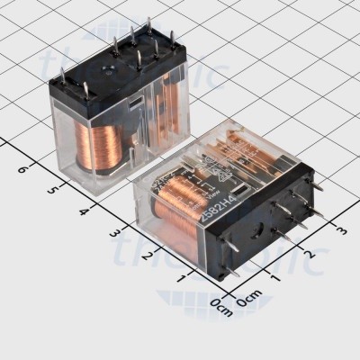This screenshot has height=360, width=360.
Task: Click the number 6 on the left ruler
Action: [22, 168]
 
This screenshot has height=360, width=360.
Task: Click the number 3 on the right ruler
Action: [341, 231]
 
